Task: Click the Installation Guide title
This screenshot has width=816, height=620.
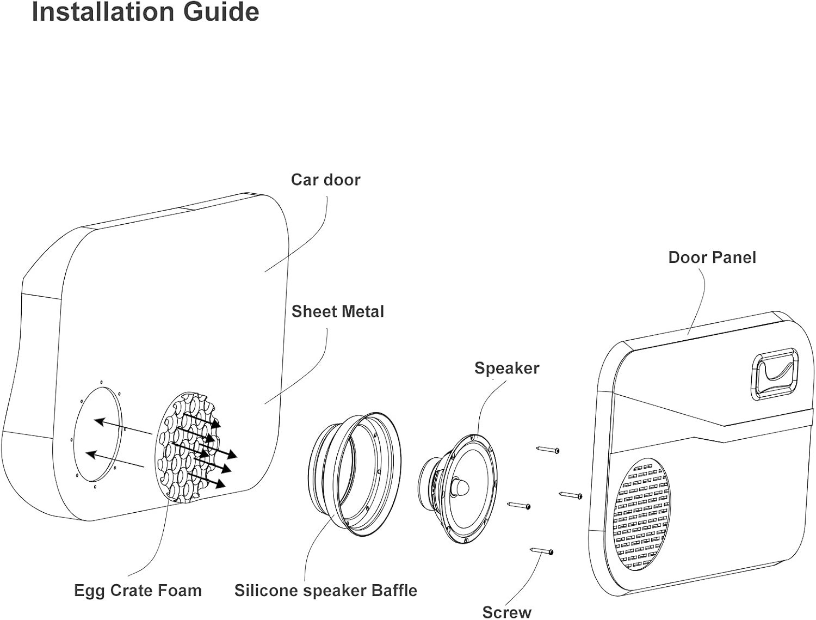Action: click(x=145, y=12)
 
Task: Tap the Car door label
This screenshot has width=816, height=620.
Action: click(x=325, y=180)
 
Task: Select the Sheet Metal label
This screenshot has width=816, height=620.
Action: click(x=337, y=311)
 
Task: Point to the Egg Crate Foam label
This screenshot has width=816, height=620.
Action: click(x=138, y=590)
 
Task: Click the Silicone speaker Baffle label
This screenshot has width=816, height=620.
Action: click(x=325, y=590)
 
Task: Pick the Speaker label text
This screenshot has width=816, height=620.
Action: click(x=506, y=368)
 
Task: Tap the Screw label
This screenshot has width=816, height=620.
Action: click(x=506, y=611)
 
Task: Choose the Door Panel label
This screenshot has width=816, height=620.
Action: click(x=712, y=257)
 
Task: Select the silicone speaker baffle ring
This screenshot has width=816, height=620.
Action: click(x=354, y=471)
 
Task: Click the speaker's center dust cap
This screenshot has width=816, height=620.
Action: click(x=462, y=486)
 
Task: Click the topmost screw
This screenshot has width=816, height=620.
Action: click(x=547, y=450)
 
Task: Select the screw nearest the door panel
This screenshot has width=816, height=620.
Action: click(x=571, y=495)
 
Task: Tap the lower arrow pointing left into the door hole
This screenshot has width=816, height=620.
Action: click(x=115, y=460)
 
